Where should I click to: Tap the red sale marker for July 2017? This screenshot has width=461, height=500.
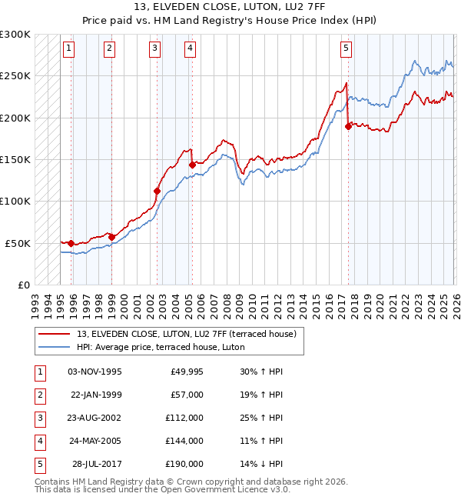pyautogui.click(x=348, y=127)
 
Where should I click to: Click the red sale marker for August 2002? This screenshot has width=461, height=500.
pyautogui.click(x=158, y=191)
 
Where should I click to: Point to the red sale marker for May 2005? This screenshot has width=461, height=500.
pyautogui.click(x=192, y=165)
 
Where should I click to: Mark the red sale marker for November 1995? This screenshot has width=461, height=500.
pyautogui.click(x=71, y=243)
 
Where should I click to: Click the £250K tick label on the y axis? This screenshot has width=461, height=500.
pyautogui.click(x=15, y=76)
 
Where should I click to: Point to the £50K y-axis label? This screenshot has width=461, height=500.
pyautogui.click(x=18, y=243)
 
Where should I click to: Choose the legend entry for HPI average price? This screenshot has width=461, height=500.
pyautogui.click(x=161, y=347)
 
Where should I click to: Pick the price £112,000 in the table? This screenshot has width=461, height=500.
pyautogui.click(x=184, y=418)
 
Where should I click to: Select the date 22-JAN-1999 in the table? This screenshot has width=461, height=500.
pyautogui.click(x=95, y=395)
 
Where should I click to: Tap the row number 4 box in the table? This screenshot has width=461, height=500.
pyautogui.click(x=38, y=442)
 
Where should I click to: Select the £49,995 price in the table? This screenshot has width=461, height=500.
pyautogui.click(x=186, y=372)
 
